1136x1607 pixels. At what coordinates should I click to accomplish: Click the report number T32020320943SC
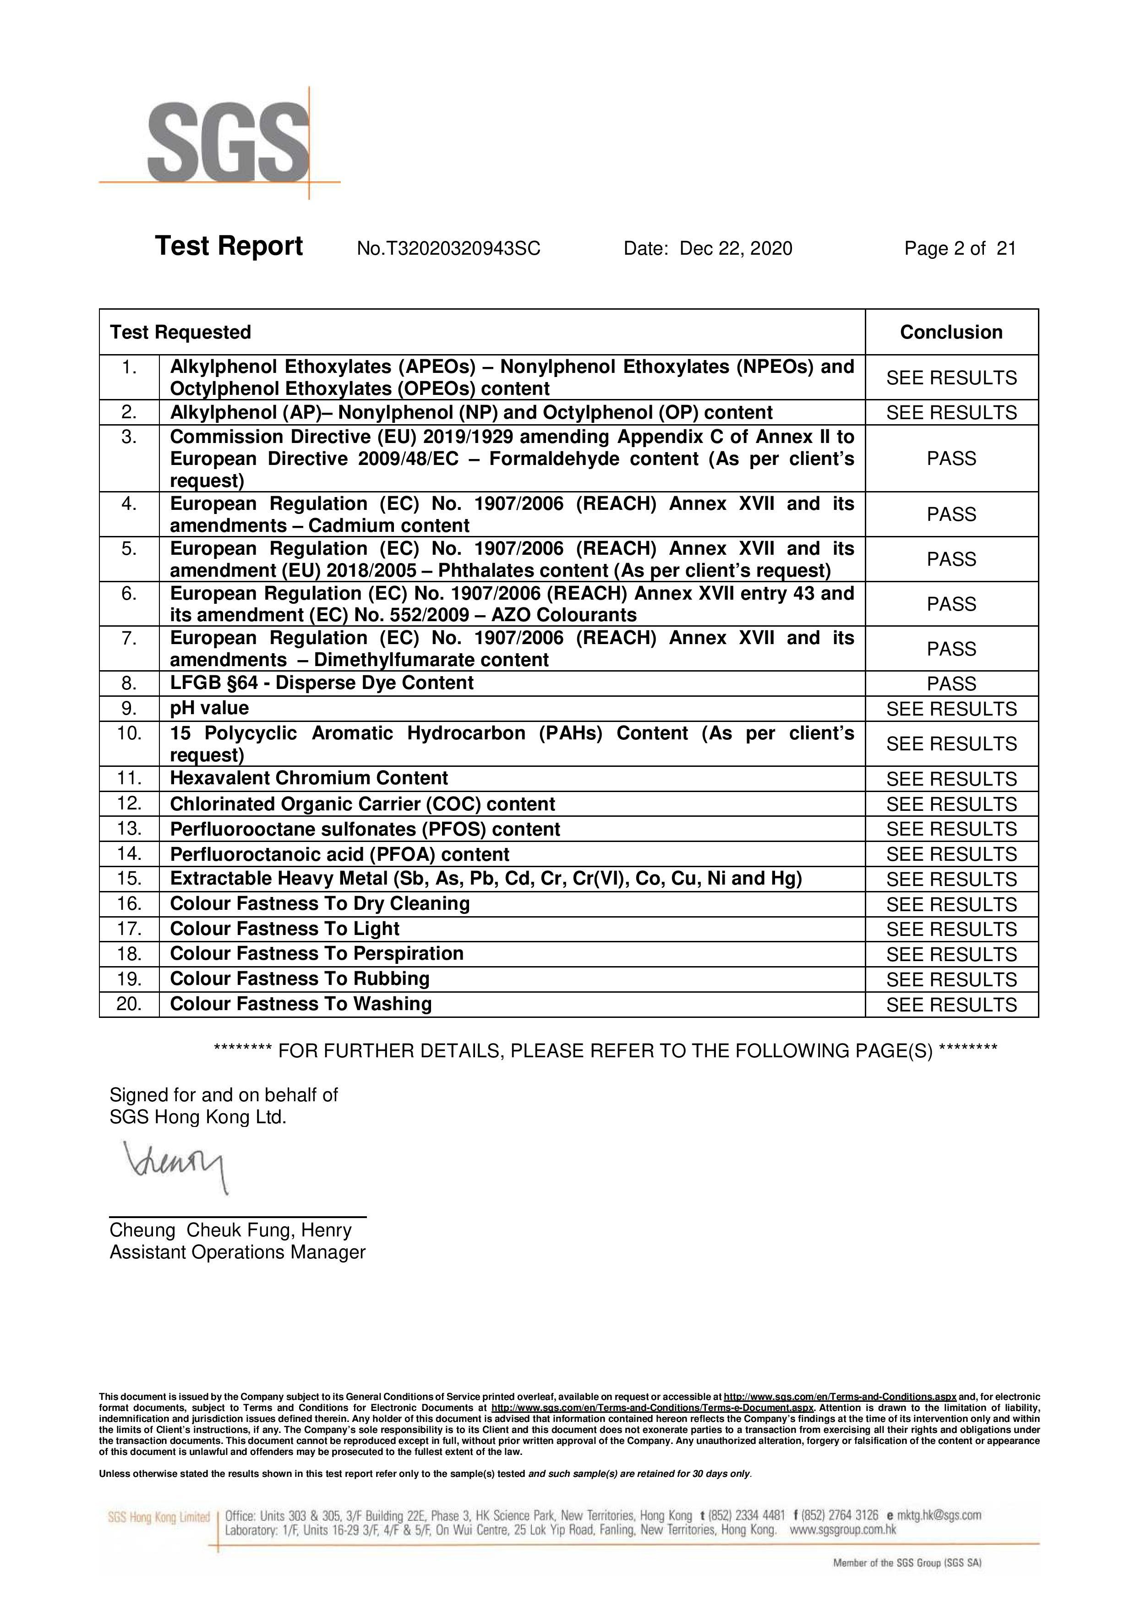tap(448, 248)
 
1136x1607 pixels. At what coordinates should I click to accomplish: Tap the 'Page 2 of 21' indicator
tap(960, 248)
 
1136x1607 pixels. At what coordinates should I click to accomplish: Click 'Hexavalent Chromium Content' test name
tap(309, 778)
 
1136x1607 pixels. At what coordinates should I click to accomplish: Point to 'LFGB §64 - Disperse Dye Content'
tap(321, 683)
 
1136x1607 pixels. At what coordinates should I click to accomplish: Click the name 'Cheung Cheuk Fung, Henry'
tap(230, 1230)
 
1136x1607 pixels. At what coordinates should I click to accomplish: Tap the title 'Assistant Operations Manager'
tap(237, 1252)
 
